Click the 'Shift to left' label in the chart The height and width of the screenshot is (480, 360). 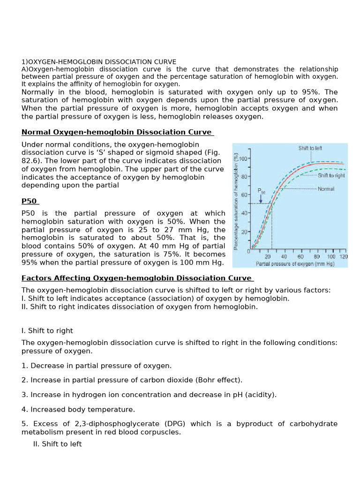point(310,148)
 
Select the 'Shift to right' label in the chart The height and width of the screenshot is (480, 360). point(331,175)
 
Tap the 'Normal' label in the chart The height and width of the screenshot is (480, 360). point(326,189)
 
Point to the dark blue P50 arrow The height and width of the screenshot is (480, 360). point(261,199)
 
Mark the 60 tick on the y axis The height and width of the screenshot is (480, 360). point(244,195)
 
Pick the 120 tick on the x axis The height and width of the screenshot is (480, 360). point(344,257)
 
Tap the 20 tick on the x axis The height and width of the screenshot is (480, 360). point(268,257)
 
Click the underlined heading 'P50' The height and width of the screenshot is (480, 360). point(29,202)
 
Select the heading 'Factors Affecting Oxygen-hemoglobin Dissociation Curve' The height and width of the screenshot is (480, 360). point(136,278)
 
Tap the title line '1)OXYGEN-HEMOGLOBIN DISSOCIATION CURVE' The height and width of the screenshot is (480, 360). point(99,62)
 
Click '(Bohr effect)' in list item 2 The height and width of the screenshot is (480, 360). point(219,380)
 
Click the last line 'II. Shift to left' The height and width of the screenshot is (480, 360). point(57,444)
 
